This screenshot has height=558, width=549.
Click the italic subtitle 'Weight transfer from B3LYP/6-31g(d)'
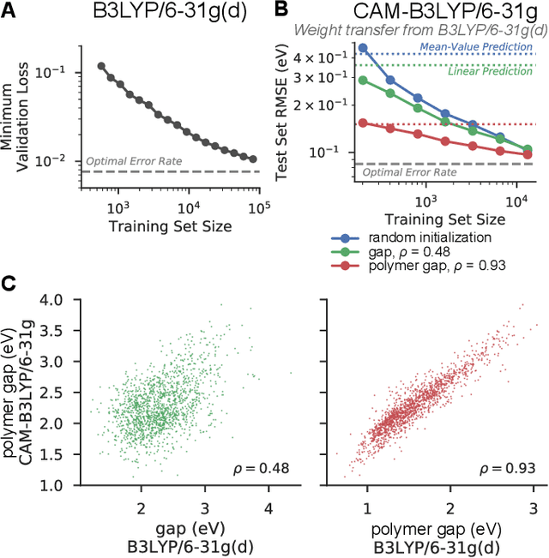pyautogui.click(x=421, y=30)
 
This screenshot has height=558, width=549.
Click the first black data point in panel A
pyautogui.click(x=102, y=66)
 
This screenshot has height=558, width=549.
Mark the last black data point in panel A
pyautogui.click(x=252, y=159)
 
